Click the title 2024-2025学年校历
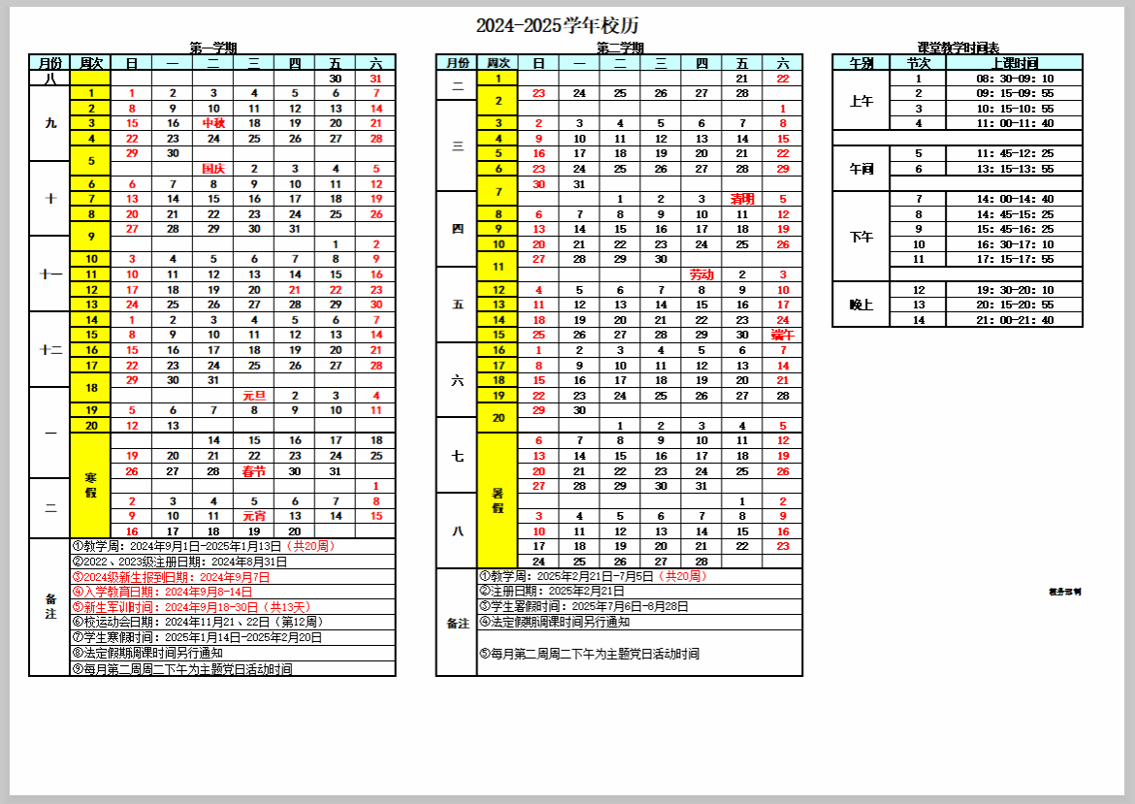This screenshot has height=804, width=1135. (x=557, y=26)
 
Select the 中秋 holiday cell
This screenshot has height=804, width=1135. (x=213, y=123)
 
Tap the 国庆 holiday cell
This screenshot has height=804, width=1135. (x=213, y=169)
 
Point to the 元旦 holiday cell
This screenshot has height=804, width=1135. (x=254, y=396)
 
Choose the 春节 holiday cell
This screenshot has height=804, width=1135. (x=254, y=471)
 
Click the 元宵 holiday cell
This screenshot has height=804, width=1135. (x=254, y=516)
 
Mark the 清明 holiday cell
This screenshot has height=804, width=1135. (x=742, y=199)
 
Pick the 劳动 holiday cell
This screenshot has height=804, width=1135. (x=701, y=275)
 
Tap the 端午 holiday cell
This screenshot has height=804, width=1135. (x=782, y=335)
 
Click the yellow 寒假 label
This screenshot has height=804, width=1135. (x=90, y=486)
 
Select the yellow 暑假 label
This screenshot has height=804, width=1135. (x=498, y=500)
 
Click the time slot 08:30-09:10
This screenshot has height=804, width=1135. (x=1015, y=79)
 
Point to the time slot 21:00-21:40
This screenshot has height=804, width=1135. (x=1015, y=320)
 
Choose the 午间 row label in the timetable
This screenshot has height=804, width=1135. (x=861, y=169)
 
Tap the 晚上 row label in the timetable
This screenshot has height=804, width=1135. (x=861, y=305)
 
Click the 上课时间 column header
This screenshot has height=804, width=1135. (x=1015, y=63)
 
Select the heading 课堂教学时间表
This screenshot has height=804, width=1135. (x=957, y=48)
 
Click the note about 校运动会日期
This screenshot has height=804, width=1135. (x=198, y=622)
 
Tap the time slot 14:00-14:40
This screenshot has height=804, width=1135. (x=1015, y=199)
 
